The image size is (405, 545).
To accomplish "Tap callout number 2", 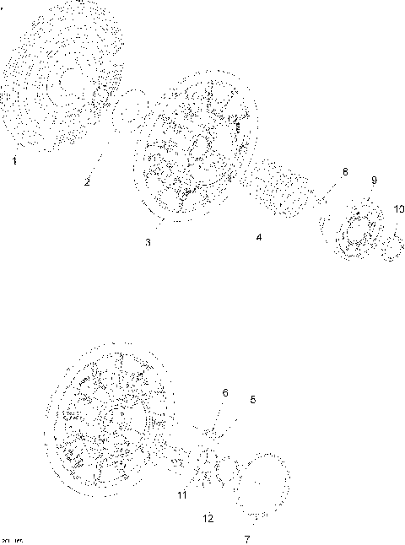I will (87, 181).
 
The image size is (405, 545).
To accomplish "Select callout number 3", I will (148, 242).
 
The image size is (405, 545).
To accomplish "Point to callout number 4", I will (259, 239).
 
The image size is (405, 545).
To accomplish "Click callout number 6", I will (225, 392).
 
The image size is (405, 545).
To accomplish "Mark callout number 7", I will (247, 537).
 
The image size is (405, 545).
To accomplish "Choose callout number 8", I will (343, 172).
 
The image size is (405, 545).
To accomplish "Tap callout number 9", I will (374, 180).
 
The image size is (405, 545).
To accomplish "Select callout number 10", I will (398, 208).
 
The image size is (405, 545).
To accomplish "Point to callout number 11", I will (181, 495).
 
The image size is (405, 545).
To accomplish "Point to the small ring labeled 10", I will (392, 247).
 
